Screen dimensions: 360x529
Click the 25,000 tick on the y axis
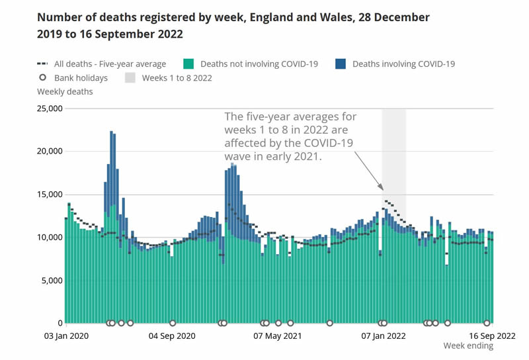50,109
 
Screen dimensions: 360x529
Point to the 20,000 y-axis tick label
50,152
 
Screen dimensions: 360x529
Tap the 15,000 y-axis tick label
50,195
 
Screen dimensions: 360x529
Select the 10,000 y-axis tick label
50,238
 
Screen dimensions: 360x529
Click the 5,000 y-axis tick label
52,281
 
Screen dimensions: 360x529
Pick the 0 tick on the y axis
60,323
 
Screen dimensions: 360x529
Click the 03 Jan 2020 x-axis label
66,336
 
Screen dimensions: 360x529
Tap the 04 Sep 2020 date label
173,336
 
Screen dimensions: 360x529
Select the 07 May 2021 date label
278,336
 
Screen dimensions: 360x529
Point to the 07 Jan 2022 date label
383,336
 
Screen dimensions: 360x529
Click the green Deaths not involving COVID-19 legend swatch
188,64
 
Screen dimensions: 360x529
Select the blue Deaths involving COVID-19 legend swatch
341,64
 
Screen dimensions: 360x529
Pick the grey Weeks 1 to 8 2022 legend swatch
130,77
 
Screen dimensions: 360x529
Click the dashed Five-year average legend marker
43,64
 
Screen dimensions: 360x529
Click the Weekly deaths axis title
65,91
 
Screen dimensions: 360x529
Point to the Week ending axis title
468,346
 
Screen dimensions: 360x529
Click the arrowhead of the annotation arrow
382,189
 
